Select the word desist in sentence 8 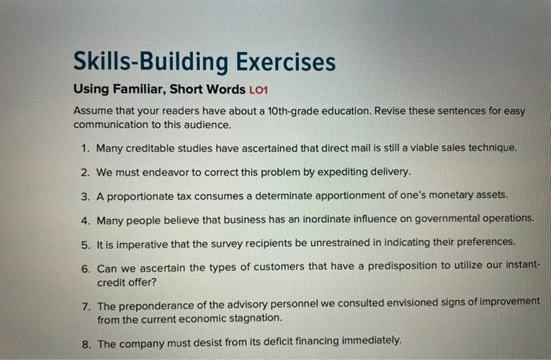pyautogui.click(x=220, y=342)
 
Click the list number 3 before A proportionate pyautogui.click(x=85, y=194)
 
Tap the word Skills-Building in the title pyautogui.click(x=142, y=62)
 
